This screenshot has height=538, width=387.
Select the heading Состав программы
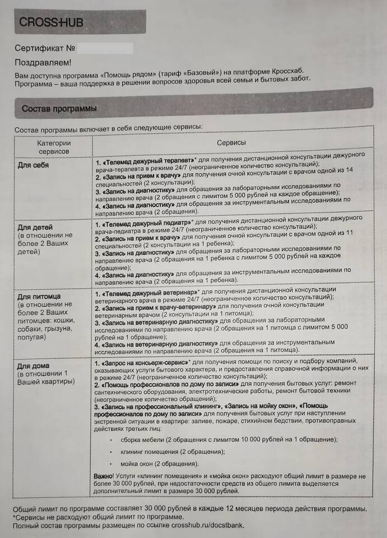[59, 108]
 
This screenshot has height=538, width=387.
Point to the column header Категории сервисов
[54, 147]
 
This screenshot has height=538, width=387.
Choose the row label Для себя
[33, 166]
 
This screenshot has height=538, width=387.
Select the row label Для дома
[34, 365]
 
